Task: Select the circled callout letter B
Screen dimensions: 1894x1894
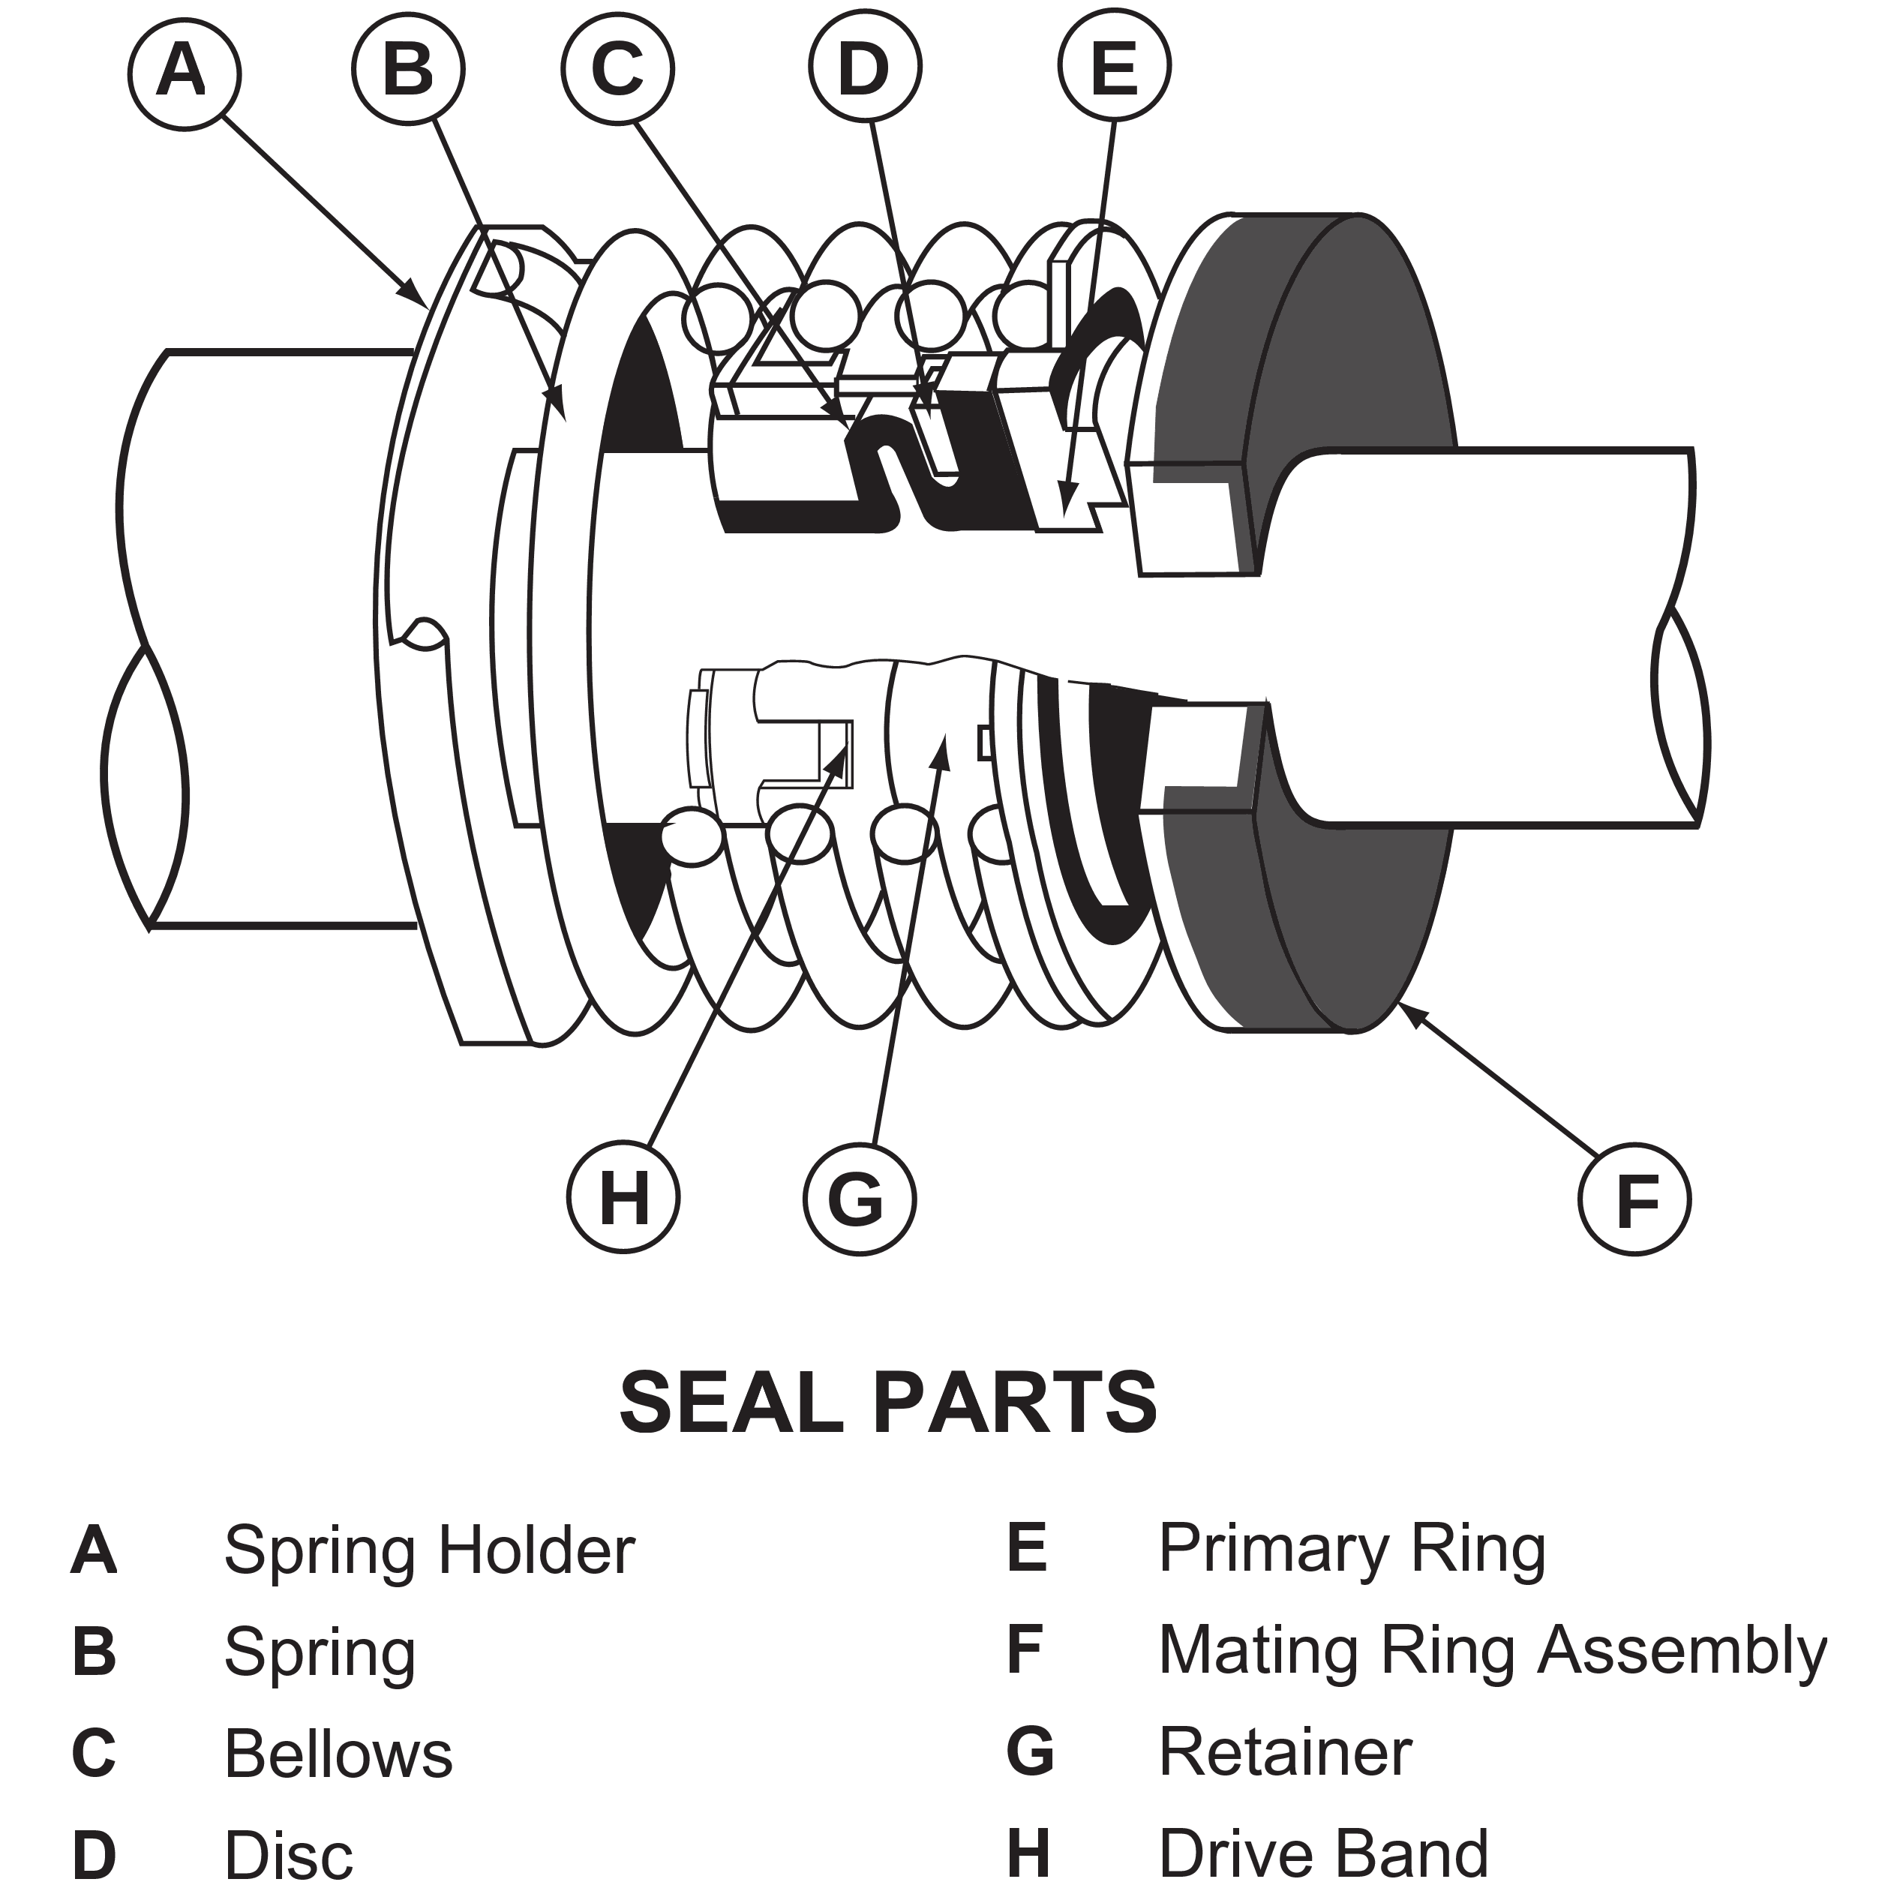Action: point(408,71)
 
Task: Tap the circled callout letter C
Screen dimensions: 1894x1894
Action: point(617,68)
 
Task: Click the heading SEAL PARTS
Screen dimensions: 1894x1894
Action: point(888,1402)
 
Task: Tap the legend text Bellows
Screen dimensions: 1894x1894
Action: point(338,1754)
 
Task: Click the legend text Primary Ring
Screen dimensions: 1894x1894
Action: point(1352,1549)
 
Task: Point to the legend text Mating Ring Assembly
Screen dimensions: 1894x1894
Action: point(1492,1651)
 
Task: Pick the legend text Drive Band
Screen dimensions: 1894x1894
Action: point(1323,1853)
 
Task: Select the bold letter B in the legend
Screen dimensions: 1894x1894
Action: point(93,1652)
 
